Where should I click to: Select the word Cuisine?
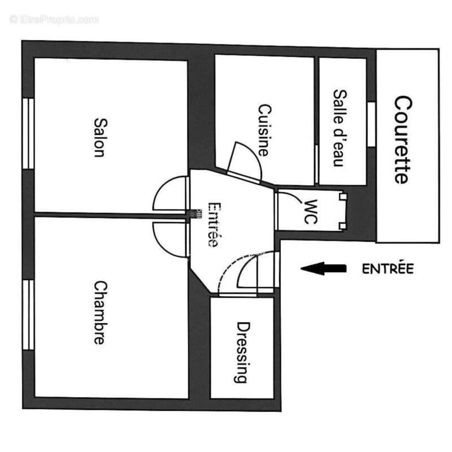[264, 131]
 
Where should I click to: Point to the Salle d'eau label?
[340, 128]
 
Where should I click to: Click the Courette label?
[403, 140]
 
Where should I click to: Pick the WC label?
[311, 211]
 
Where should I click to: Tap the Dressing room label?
[242, 352]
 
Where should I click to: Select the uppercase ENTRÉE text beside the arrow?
[388, 269]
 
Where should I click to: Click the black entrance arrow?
[323, 268]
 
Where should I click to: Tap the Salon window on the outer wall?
[28, 133]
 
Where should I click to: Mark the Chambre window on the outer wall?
[28, 315]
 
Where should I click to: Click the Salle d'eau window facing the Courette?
[371, 124]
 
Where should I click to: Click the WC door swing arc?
[290, 196]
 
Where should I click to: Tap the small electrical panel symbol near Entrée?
[195, 214]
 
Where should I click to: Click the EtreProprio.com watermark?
[54, 20]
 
